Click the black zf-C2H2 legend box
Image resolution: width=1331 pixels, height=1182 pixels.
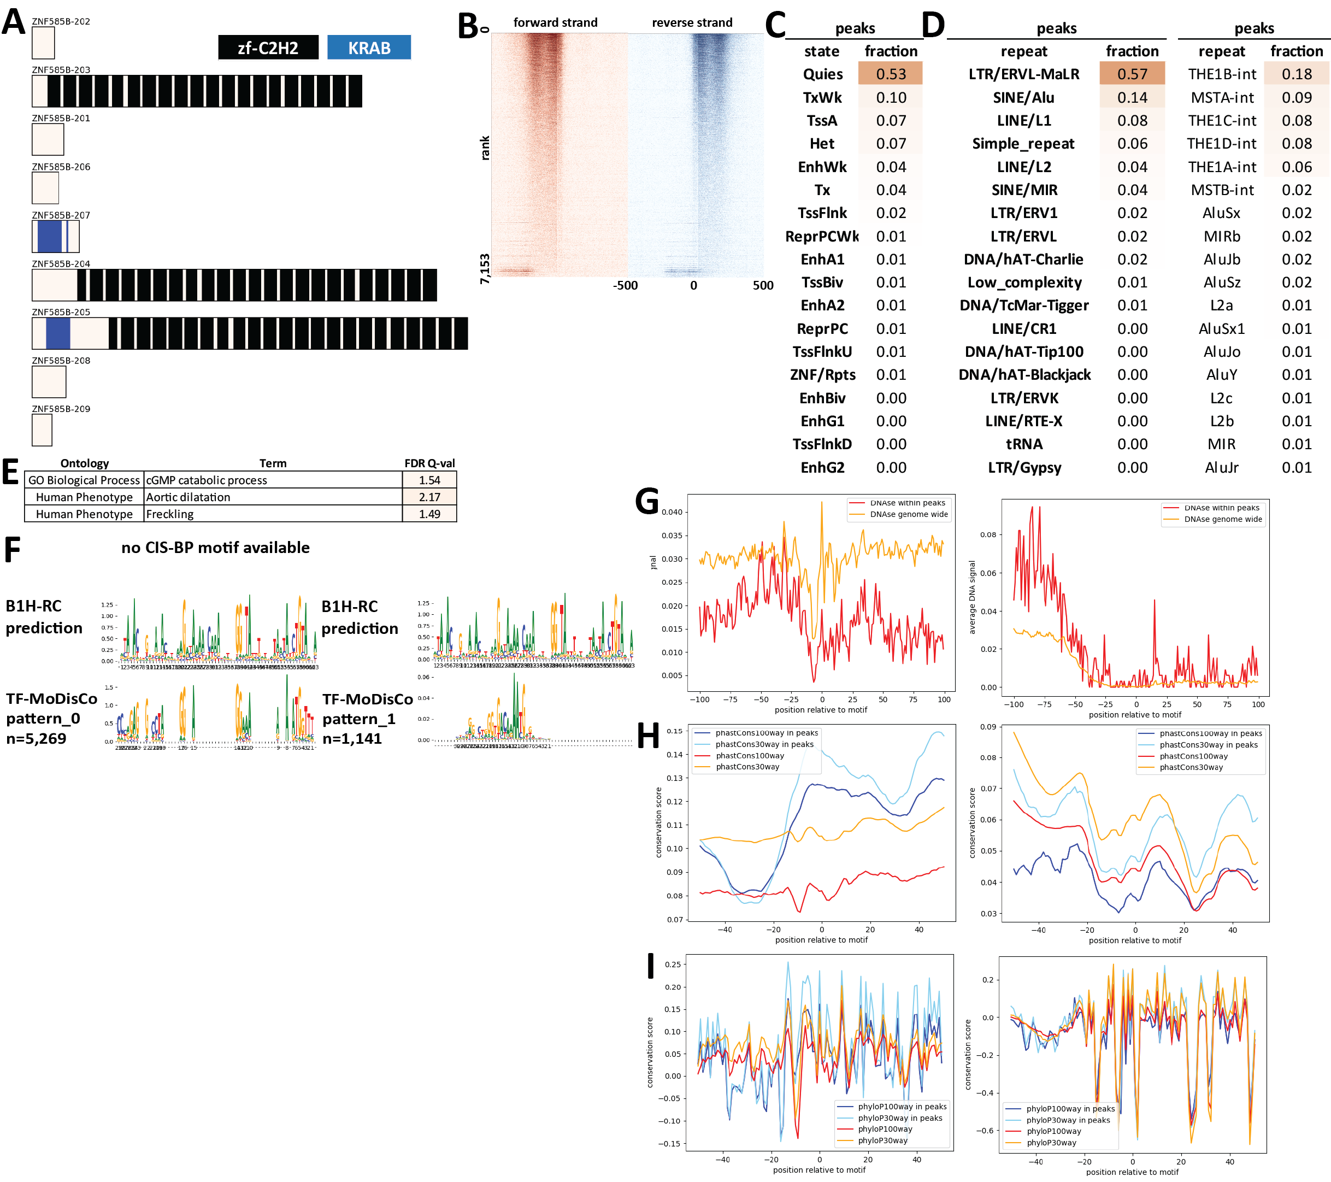pyautogui.click(x=268, y=48)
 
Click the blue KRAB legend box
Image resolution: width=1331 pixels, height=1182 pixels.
pyautogui.click(x=369, y=48)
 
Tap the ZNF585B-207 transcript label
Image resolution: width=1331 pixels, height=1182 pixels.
pyautogui.click(x=61, y=215)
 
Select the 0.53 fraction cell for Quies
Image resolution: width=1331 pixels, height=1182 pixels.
pyautogui.click(x=890, y=74)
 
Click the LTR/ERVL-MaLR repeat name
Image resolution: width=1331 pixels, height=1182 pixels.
pyautogui.click(x=1023, y=74)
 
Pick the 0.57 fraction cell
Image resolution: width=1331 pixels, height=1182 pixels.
pyautogui.click(x=1132, y=74)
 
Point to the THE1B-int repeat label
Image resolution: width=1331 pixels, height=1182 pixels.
pyautogui.click(x=1222, y=74)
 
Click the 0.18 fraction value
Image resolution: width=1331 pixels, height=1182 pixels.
pyautogui.click(x=1296, y=74)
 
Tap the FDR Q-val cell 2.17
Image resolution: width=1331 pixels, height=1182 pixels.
pyautogui.click(x=429, y=497)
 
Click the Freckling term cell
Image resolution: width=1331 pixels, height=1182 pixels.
pyautogui.click(x=170, y=514)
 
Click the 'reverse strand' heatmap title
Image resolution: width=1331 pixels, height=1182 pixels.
pyautogui.click(x=692, y=23)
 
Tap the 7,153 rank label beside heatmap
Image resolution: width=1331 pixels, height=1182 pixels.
pyautogui.click(x=485, y=268)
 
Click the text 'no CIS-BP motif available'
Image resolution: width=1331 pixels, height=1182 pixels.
pyautogui.click(x=215, y=548)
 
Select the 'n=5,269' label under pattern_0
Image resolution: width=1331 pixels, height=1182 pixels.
pyautogui.click(x=37, y=738)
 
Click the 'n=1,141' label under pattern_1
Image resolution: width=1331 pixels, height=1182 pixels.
pyautogui.click(x=352, y=738)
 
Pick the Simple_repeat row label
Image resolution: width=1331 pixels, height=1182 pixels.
pyautogui.click(x=1023, y=143)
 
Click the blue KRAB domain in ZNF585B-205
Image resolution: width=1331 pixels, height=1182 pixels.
pyautogui.click(x=58, y=333)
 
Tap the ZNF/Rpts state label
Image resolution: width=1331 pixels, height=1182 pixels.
pyautogui.click(x=822, y=374)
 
